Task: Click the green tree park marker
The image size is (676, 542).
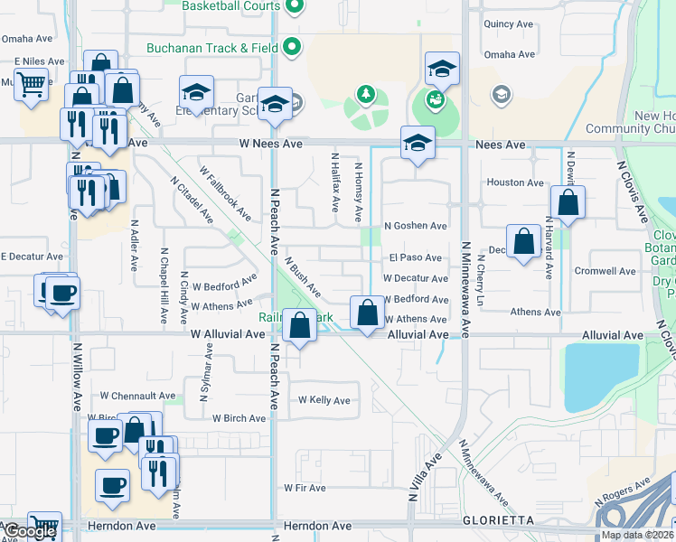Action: pos(366,94)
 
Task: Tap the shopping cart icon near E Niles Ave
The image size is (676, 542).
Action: pos(32,86)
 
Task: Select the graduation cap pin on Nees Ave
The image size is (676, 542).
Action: pos(418,142)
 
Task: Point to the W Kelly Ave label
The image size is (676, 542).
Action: pos(324,400)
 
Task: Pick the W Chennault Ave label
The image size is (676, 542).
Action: pos(137,396)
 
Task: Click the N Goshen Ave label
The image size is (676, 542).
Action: pos(415,226)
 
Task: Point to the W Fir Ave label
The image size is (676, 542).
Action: pos(305,488)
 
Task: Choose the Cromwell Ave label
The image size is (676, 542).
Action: pos(605,271)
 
